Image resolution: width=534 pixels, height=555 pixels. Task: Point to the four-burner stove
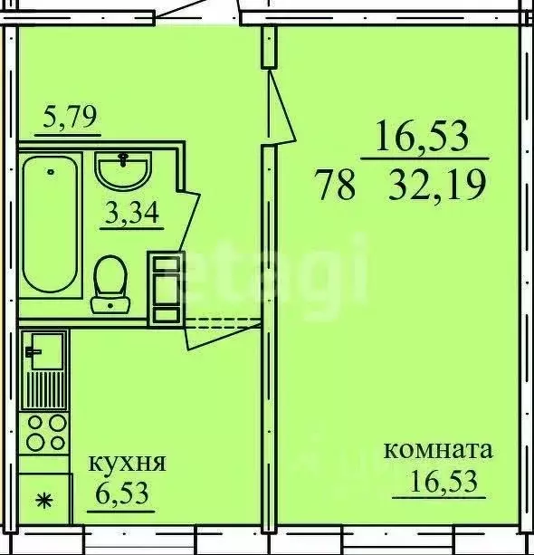pos(44,432)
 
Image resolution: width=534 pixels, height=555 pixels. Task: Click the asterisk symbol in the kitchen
pos(42,499)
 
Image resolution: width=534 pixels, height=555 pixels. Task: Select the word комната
pos(439,450)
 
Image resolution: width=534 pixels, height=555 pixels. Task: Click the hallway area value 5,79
pos(72,118)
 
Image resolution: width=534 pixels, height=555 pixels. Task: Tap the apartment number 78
pos(335,187)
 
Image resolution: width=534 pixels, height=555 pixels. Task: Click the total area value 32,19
pos(436,187)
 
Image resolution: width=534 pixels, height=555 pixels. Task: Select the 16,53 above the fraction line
pos(424,139)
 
